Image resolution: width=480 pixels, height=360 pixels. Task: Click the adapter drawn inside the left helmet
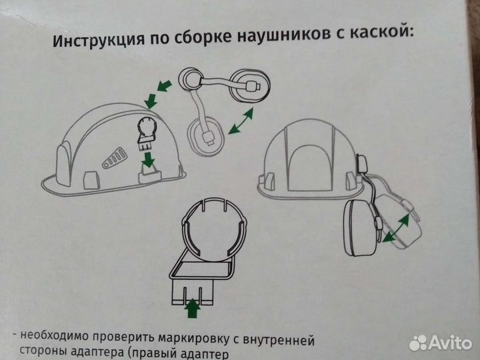pyautogui.click(x=145, y=133)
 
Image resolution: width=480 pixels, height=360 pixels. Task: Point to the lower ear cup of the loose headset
pyautogui.click(x=207, y=136)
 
